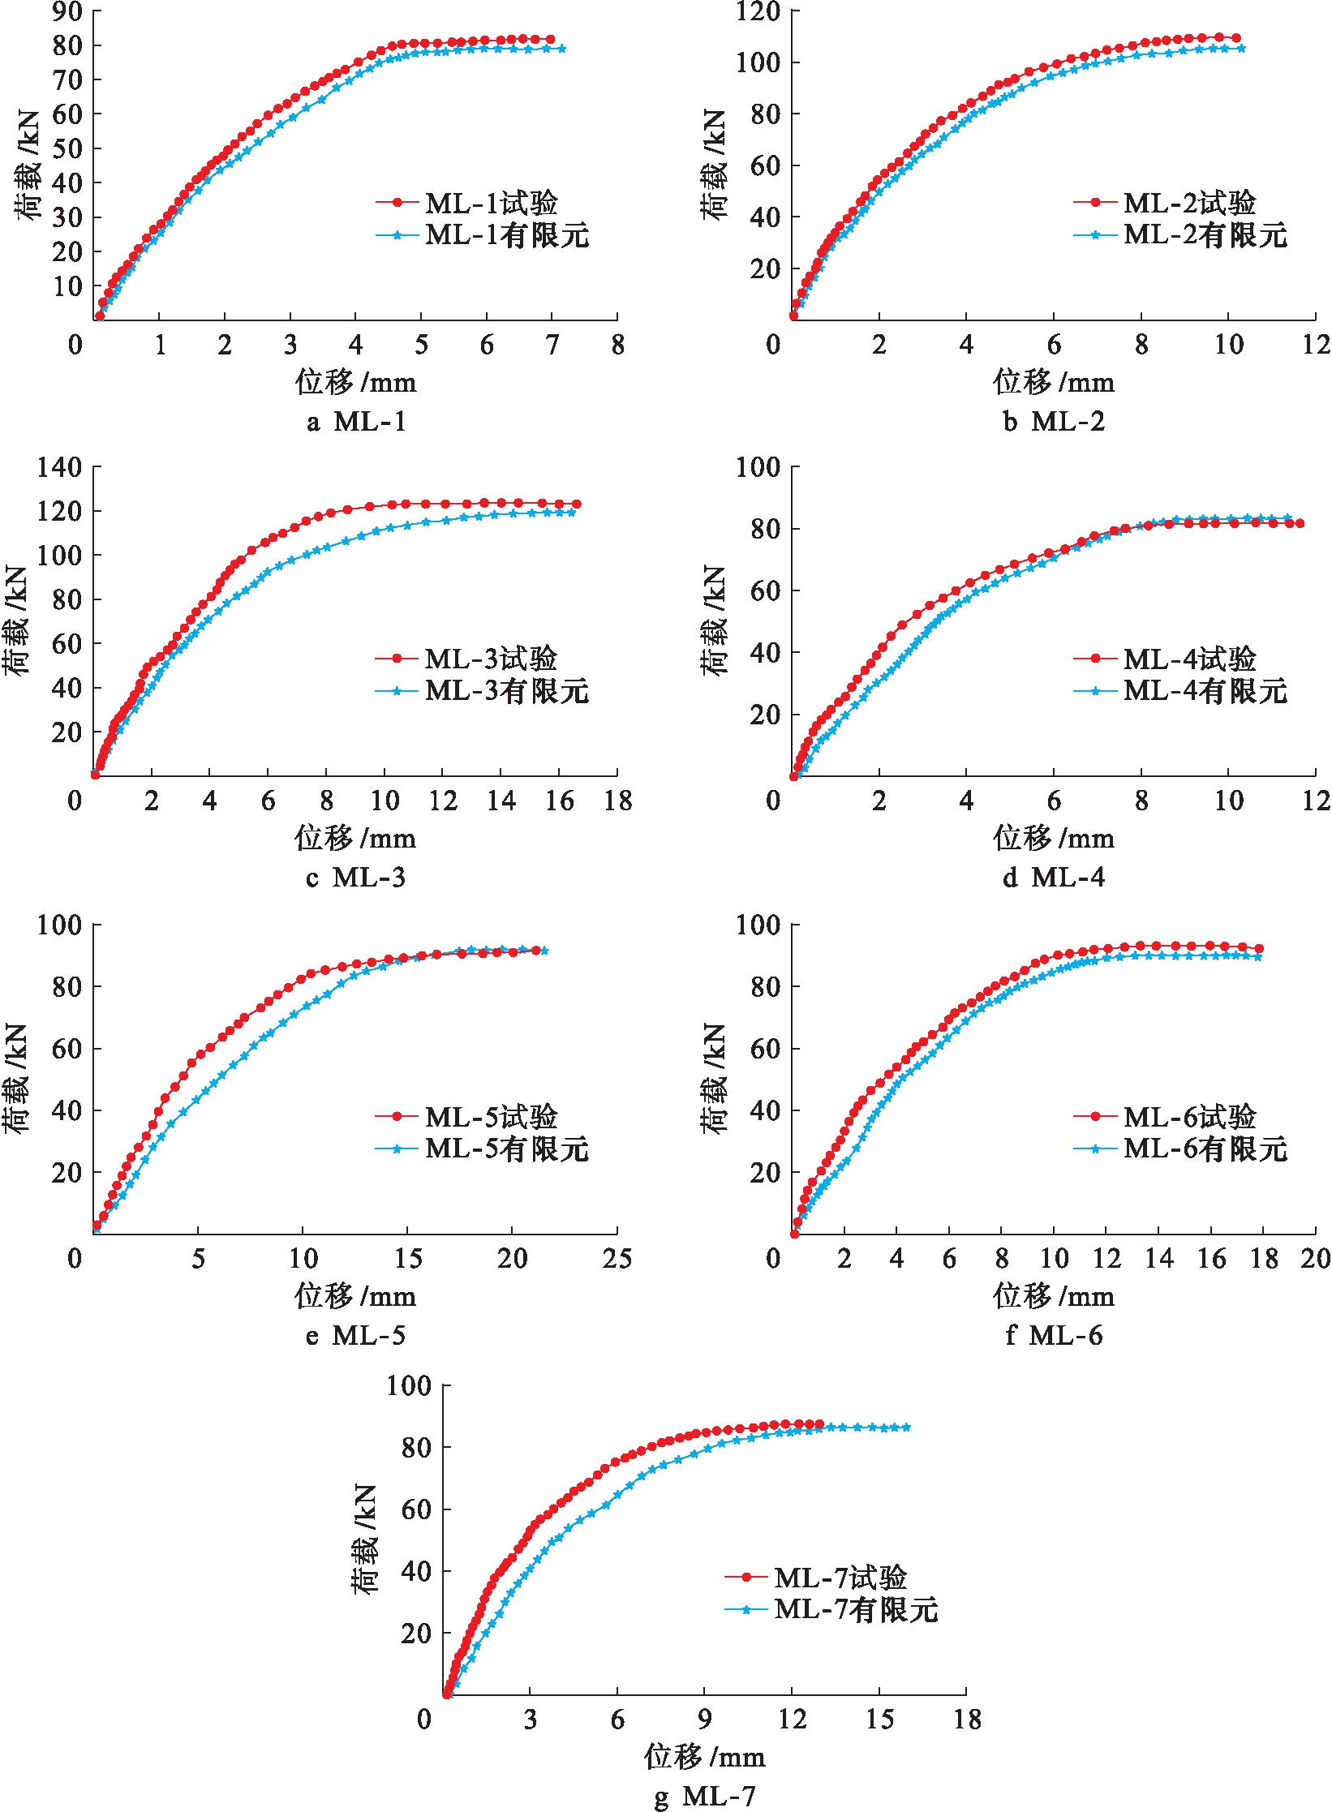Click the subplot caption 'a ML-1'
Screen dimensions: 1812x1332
(x=356, y=422)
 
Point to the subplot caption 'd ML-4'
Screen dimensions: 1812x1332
(x=1054, y=878)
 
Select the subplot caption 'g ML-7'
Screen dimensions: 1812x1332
(x=705, y=1796)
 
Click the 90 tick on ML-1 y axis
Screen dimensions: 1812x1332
(x=67, y=11)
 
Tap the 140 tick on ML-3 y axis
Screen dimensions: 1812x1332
(x=59, y=467)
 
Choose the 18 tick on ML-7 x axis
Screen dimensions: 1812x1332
(x=967, y=1719)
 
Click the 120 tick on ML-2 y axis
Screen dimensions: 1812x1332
(x=758, y=11)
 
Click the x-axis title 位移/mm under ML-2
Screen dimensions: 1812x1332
(x=1054, y=381)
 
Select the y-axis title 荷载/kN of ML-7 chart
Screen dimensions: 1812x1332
(x=366, y=1539)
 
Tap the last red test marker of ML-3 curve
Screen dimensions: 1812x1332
(x=576, y=505)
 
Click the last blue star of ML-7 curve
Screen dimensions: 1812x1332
(x=906, y=1428)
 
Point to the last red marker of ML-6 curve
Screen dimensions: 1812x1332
(x=1259, y=948)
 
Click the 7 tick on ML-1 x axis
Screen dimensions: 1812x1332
(x=552, y=345)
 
